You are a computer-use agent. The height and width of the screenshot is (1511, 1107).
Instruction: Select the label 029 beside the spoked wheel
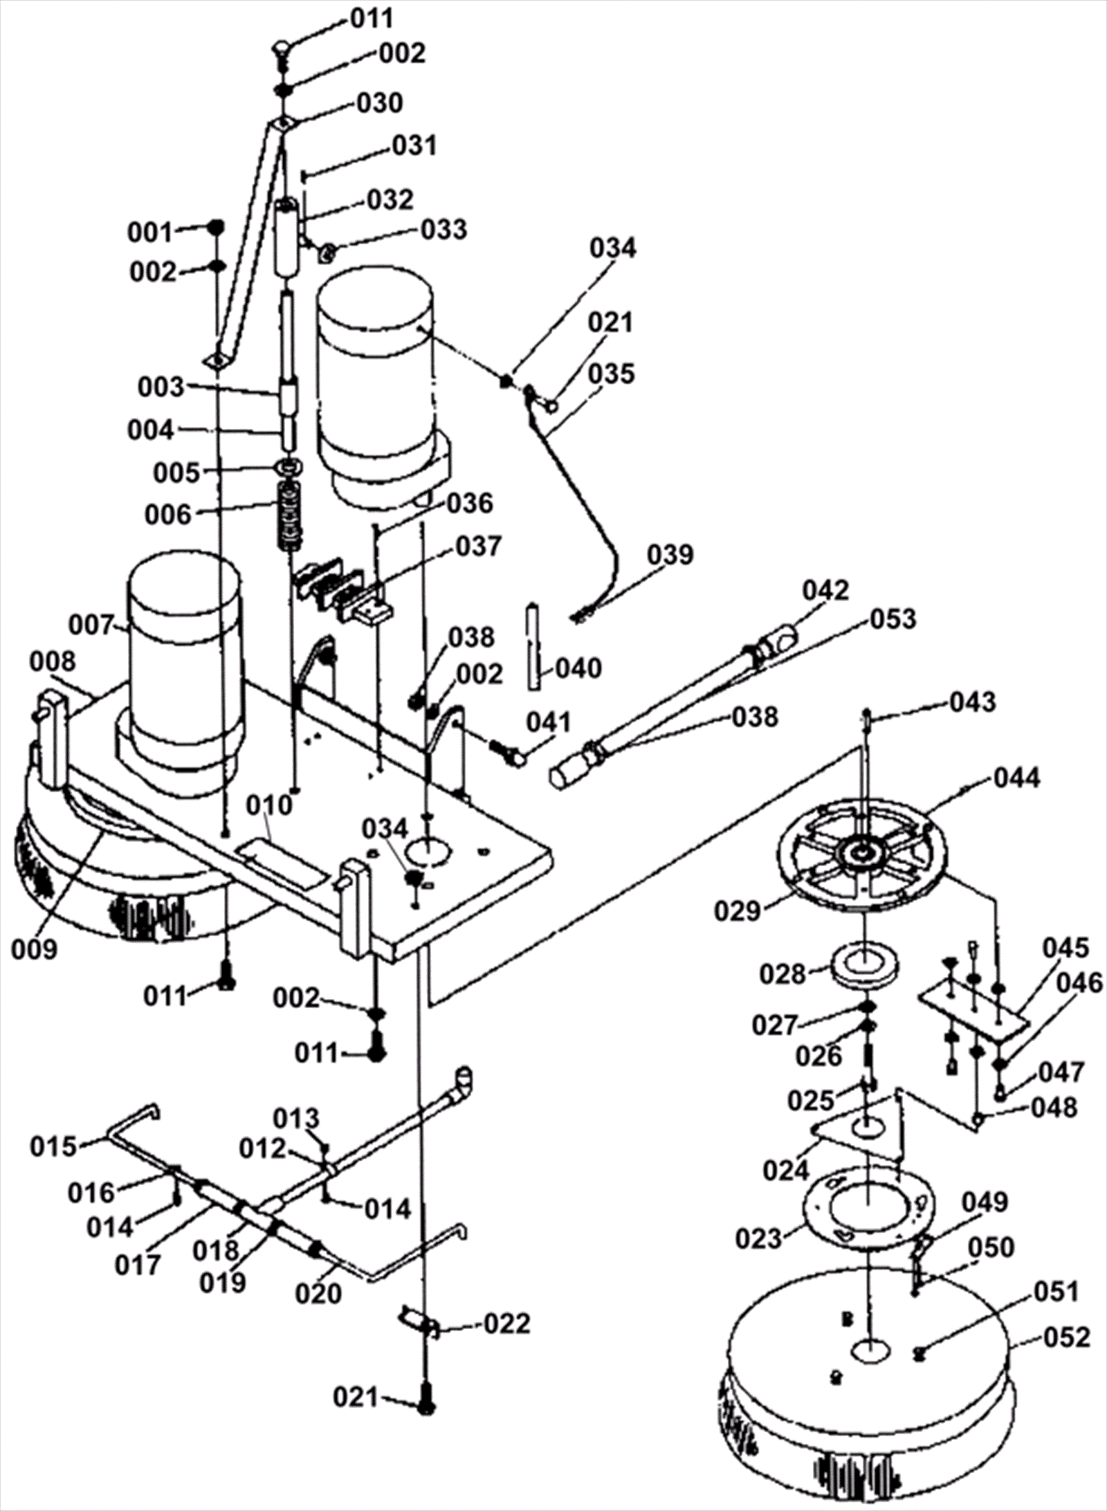(x=738, y=910)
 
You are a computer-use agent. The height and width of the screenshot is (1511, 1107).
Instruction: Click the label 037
(x=477, y=546)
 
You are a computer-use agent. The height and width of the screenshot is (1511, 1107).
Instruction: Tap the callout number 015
(x=53, y=1146)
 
